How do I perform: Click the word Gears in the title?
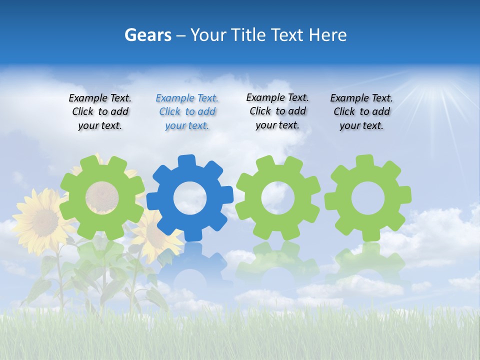pos(147,35)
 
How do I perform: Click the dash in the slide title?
pos(181,35)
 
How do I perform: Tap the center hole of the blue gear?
pos(189,198)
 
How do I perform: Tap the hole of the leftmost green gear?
pos(102,197)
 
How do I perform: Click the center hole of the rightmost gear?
pos(367,197)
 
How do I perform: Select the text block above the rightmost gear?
pos(361,111)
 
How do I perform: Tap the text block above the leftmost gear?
pos(100,111)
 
